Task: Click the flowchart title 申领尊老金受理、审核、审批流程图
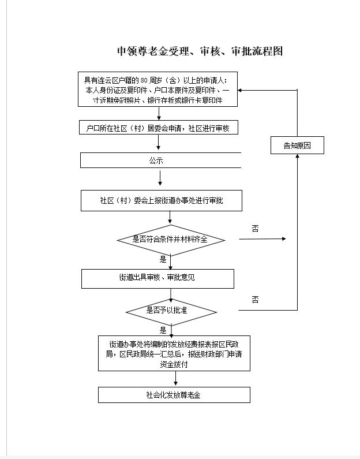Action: (x=200, y=51)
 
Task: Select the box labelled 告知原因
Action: (x=297, y=145)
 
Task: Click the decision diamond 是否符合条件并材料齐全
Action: (x=170, y=239)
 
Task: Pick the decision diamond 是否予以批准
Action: (x=171, y=311)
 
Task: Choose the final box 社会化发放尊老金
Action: (x=174, y=395)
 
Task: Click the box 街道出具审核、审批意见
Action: (x=157, y=278)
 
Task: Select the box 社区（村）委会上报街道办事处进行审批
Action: (x=161, y=201)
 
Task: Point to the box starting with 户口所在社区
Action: (x=158, y=128)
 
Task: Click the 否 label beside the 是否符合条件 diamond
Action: (x=255, y=229)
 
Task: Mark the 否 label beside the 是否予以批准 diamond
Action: (x=255, y=300)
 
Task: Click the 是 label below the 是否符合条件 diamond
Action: (x=163, y=260)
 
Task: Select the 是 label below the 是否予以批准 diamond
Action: (x=163, y=331)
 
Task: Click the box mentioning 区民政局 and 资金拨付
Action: (x=174, y=353)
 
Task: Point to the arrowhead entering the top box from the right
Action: (x=242, y=91)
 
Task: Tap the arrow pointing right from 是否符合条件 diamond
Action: (x=262, y=238)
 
